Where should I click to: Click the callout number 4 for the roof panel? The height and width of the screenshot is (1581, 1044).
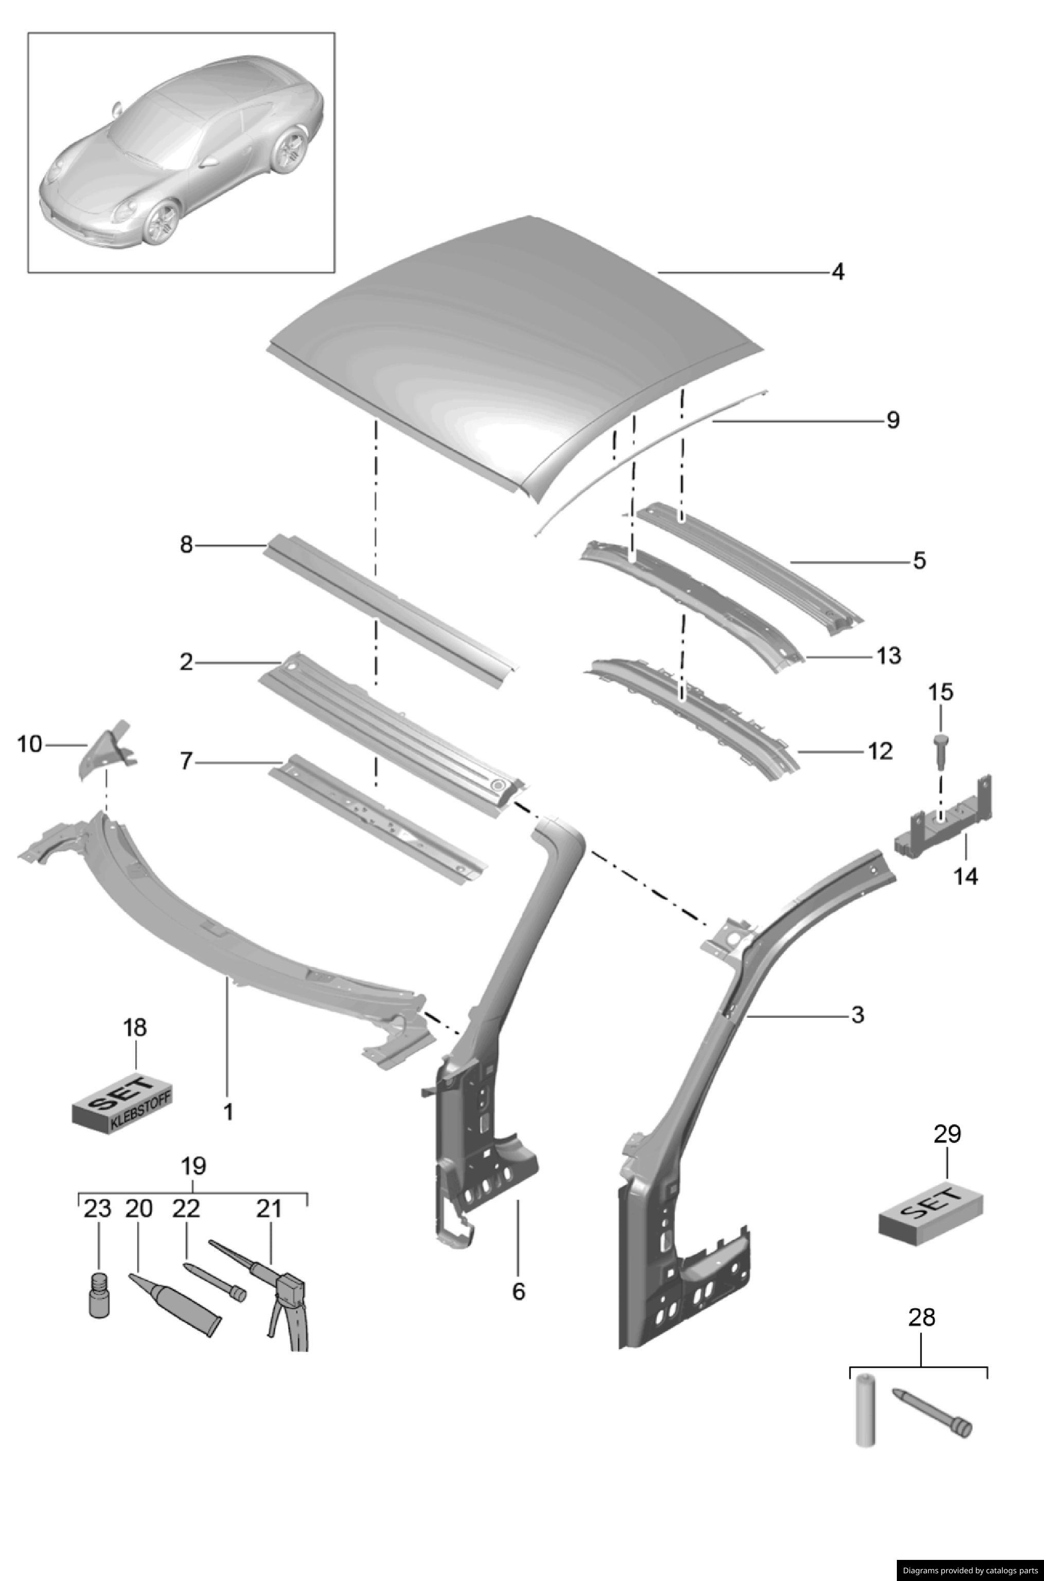838,272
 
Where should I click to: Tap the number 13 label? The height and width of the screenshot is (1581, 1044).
888,656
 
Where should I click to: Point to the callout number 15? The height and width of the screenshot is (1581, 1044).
941,692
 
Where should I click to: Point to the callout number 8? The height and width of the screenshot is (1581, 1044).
186,545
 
